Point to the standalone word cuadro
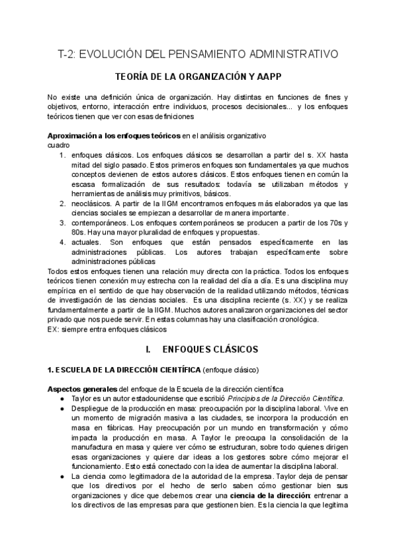58,144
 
